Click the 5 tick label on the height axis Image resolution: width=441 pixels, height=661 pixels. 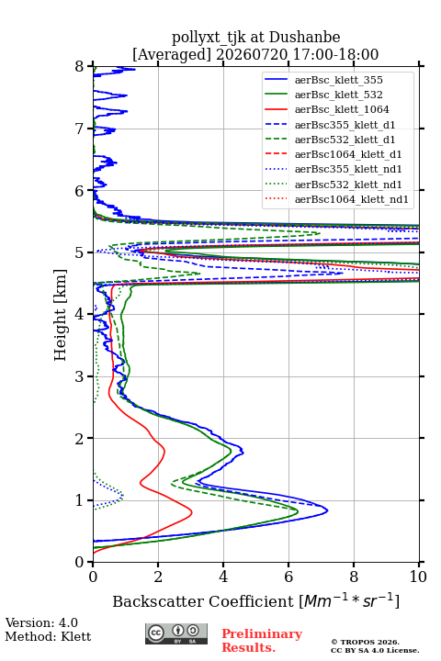tap(80, 252)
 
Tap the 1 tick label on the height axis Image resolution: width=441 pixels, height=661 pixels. tap(80, 500)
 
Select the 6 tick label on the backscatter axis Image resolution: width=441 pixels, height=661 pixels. tap(288, 577)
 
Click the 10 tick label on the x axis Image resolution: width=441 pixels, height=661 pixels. tap(418, 577)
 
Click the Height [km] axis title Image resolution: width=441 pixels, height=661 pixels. tap(61, 315)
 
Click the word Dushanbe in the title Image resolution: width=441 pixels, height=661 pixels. tap(304, 37)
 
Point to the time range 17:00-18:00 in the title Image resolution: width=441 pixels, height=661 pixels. tap(335, 54)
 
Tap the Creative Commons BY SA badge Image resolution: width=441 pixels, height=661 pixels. tap(176, 634)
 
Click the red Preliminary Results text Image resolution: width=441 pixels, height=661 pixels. tap(262, 641)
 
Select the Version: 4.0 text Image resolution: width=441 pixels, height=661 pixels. tap(41, 622)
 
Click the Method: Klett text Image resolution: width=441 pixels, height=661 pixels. tap(48, 636)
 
